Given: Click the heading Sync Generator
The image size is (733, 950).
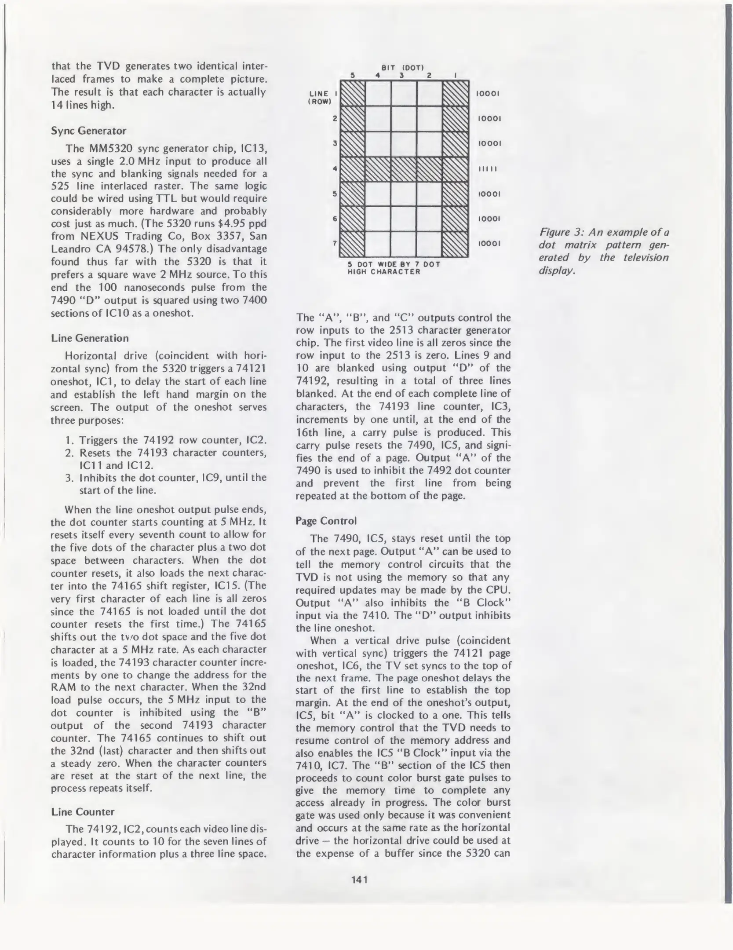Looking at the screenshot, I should click(x=88, y=131).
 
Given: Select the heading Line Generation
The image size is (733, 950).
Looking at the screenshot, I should click(x=90, y=338).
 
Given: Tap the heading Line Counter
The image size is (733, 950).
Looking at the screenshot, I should click(x=83, y=811).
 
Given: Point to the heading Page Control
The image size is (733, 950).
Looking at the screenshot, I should click(x=326, y=521).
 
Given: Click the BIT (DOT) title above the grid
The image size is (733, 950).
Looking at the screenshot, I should click(x=402, y=68).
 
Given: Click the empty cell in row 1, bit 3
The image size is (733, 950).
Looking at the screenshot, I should click(x=404, y=93).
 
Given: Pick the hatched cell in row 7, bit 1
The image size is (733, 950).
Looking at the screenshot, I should click(x=456, y=244).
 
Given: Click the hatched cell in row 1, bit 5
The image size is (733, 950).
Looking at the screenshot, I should click(x=353, y=93).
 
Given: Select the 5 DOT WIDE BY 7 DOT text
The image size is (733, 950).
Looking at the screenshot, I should click(x=394, y=264).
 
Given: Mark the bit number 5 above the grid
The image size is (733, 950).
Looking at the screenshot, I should click(x=353, y=75).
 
